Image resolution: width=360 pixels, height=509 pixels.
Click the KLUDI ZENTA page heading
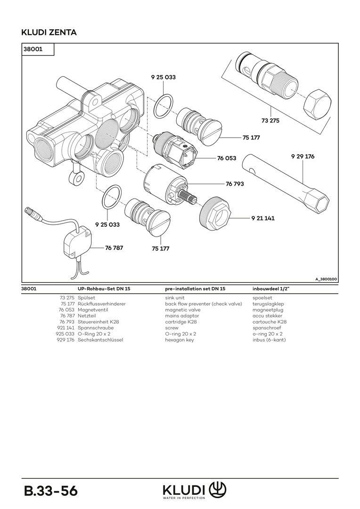point(49,33)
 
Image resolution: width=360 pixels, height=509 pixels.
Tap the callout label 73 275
point(270,121)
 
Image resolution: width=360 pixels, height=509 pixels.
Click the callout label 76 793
point(235,184)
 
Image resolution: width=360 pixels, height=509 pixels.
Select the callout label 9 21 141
point(262,218)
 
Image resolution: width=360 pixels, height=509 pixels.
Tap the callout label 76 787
point(114,247)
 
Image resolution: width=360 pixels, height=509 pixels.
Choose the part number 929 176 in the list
point(65,340)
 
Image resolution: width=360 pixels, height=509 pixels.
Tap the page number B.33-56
point(51,491)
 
